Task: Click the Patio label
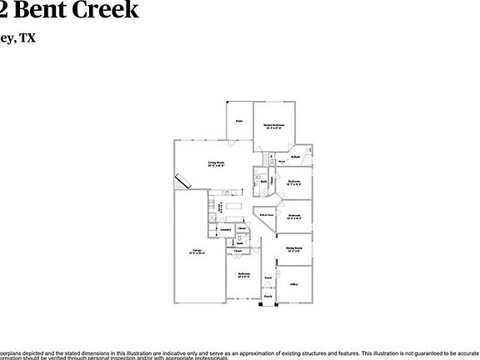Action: tap(238, 121)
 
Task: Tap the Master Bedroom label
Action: tap(275, 127)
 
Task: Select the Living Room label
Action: tap(217, 164)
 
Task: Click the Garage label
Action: tap(197, 250)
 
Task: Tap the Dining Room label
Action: tap(293, 249)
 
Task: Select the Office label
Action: tap(293, 284)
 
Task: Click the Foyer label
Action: tap(267, 277)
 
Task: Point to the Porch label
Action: tap(267, 296)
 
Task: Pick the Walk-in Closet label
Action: tap(265, 215)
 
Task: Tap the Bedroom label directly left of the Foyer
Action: tap(242, 274)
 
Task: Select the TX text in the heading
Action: tap(27, 37)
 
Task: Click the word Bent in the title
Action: tap(40, 10)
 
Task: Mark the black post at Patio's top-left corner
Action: tap(226, 102)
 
